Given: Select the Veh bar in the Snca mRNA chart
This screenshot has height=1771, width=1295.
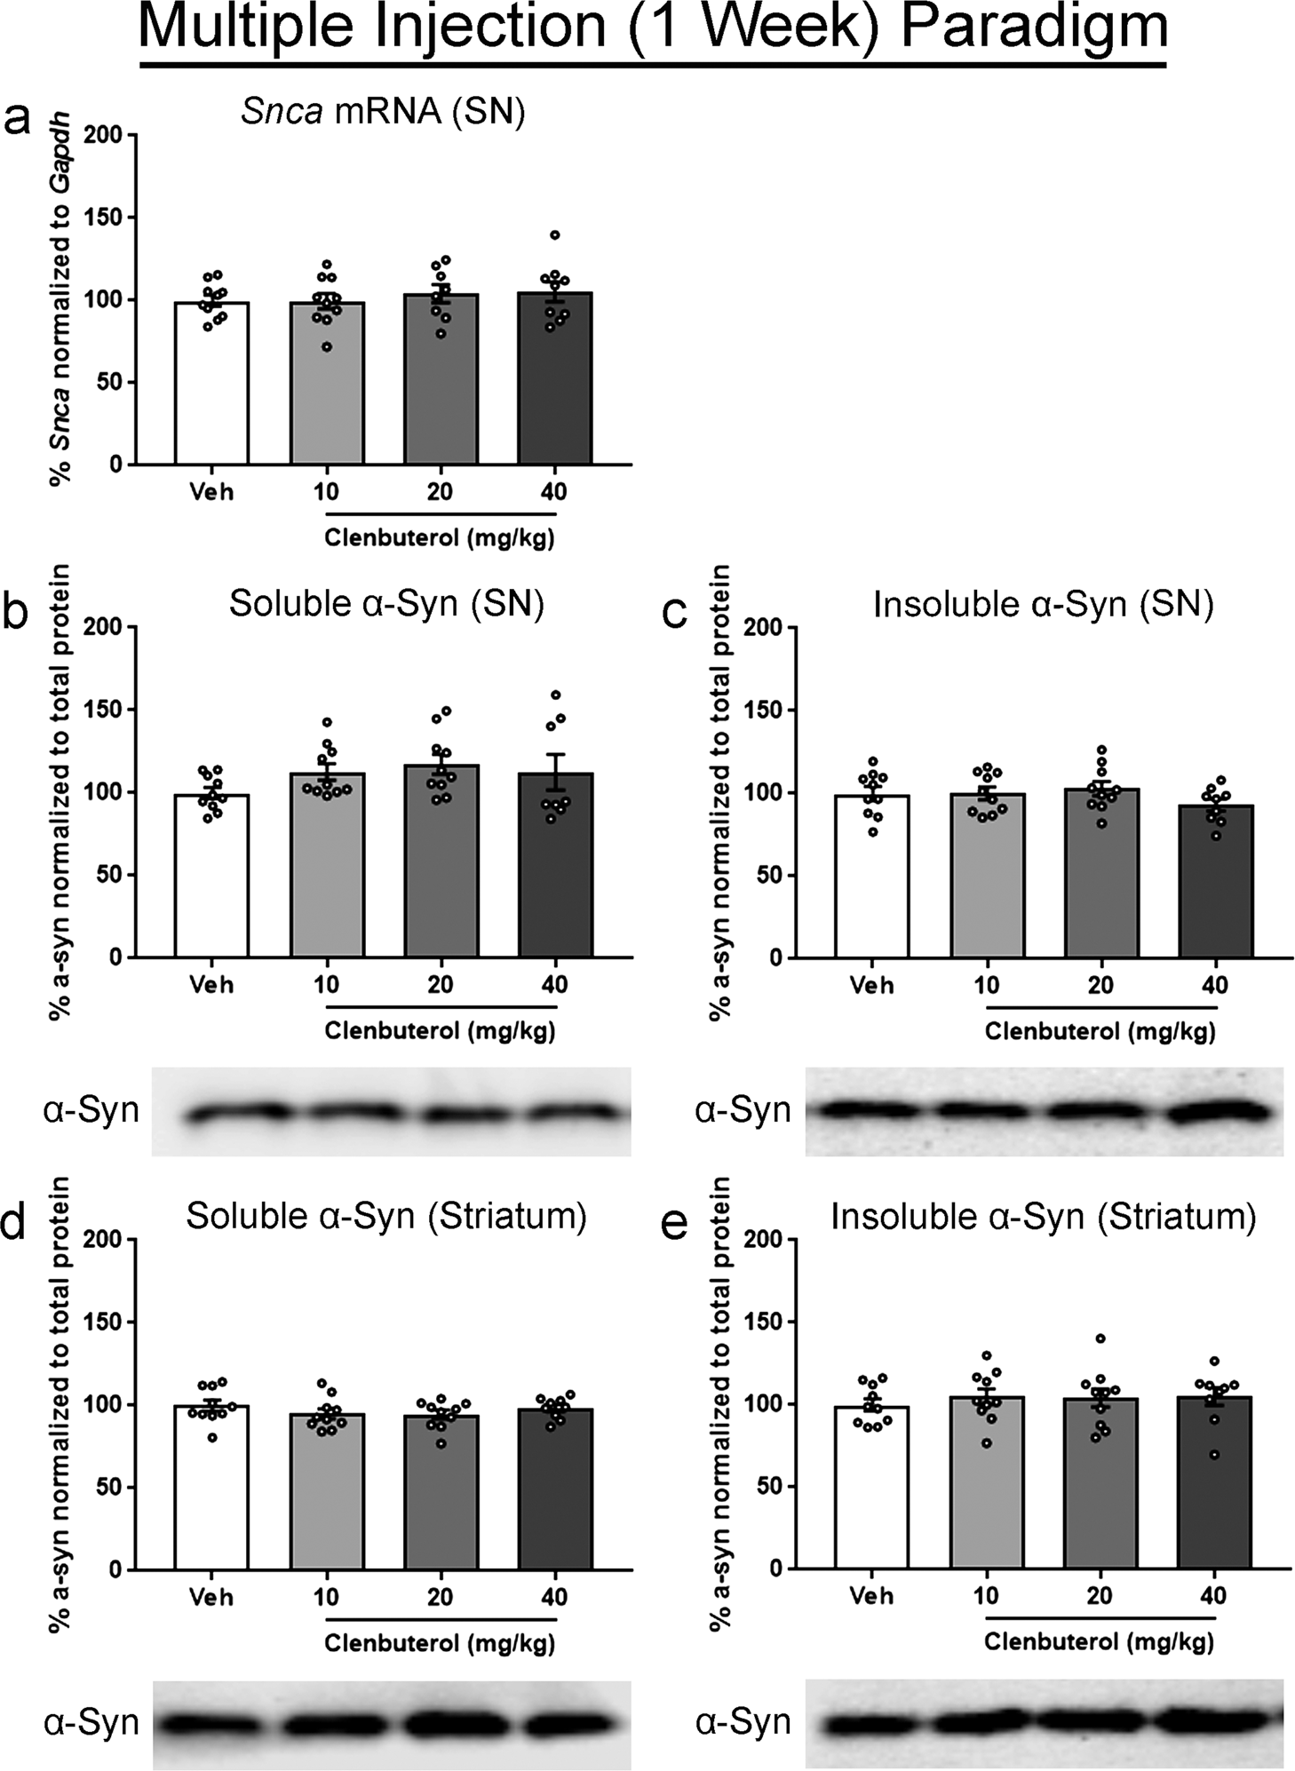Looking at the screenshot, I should tap(211, 384).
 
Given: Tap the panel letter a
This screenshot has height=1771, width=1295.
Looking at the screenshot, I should tap(18, 119).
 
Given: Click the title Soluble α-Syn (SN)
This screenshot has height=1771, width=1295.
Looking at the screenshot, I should tap(386, 604).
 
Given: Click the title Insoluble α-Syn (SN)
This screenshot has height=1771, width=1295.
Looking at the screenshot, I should tap(1043, 604).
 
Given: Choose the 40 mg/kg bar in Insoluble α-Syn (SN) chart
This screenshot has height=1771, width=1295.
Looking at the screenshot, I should tap(1215, 881).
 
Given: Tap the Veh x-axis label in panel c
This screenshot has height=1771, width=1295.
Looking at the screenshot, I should tap(872, 985).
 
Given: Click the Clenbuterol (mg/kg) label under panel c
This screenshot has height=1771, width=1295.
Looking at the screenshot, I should tap(1100, 1031).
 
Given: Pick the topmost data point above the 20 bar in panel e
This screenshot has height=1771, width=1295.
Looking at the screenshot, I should tap(1100, 1338).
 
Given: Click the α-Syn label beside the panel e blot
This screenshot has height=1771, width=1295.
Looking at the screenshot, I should tap(743, 1722).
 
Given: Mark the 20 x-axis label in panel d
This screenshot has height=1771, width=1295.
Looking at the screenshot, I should tap(441, 1597).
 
